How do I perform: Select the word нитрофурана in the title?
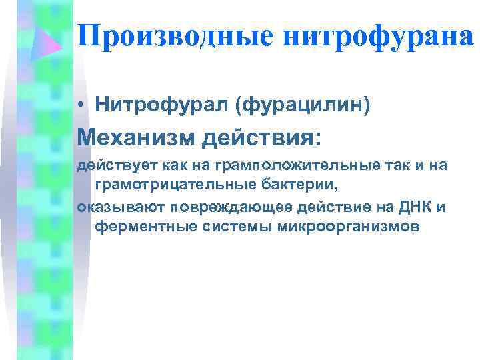pyautogui.click(x=379, y=35)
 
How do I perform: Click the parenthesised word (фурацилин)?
pyautogui.click(x=295, y=104)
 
